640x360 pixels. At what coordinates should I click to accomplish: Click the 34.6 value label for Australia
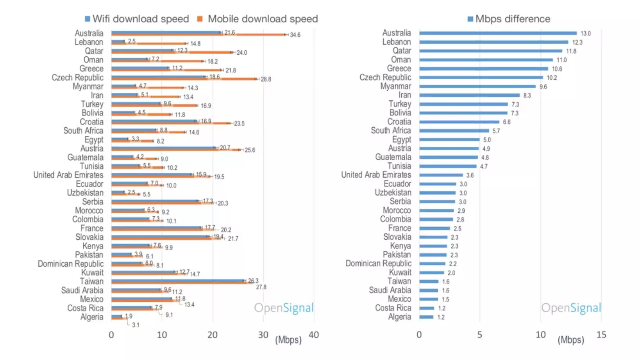[x=295, y=35]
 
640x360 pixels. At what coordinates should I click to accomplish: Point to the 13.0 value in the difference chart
[x=585, y=33]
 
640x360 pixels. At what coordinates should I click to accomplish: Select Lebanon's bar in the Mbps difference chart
[x=493, y=42]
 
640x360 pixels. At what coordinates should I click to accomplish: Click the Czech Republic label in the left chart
[x=77, y=77]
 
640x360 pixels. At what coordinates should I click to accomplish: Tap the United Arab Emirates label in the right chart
[x=376, y=175]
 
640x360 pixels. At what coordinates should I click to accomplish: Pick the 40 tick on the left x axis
[x=314, y=335]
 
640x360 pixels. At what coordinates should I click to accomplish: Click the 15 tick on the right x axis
[x=601, y=335]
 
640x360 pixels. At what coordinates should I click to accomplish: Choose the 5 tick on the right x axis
[x=479, y=335]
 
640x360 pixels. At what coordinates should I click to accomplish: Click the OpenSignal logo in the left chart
[x=284, y=308]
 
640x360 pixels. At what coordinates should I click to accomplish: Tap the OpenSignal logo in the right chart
[x=571, y=308]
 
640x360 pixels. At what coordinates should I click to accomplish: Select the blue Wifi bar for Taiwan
[x=178, y=280]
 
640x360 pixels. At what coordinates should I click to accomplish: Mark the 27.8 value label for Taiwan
[x=261, y=287]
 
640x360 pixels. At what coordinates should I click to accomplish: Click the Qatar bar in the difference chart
[x=490, y=51]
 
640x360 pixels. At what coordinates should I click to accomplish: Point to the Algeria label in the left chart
[x=92, y=317]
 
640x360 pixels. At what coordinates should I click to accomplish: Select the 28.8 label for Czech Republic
[x=266, y=79]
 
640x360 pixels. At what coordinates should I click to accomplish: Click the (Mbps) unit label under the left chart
[x=288, y=340]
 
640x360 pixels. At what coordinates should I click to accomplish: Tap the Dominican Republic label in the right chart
[x=378, y=263]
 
